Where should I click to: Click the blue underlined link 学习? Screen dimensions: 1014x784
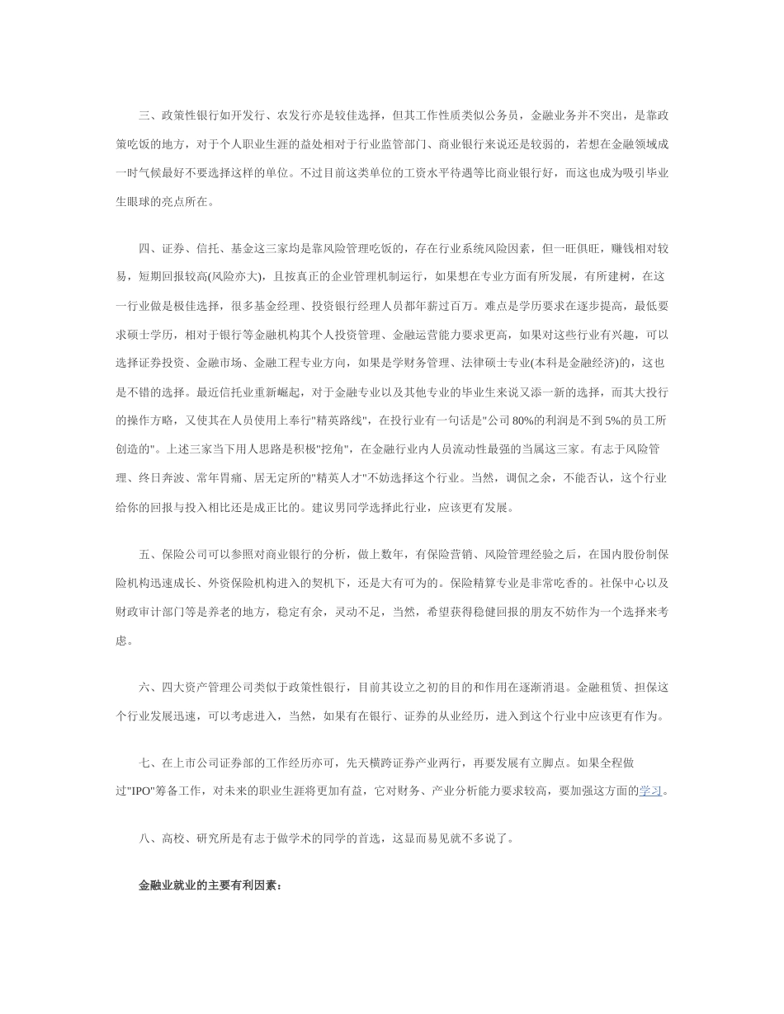pos(650,791)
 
